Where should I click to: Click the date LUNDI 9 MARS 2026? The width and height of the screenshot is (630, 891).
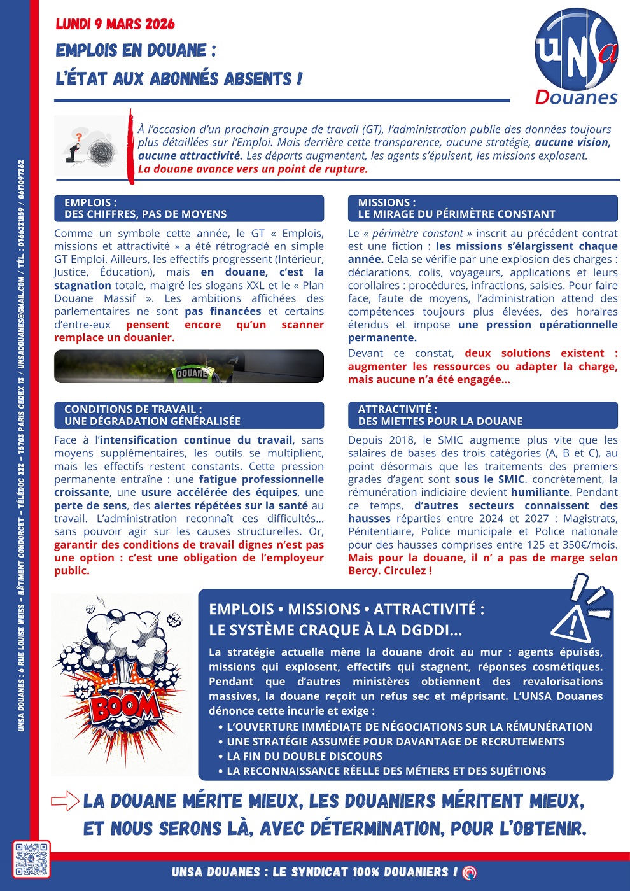[115, 24]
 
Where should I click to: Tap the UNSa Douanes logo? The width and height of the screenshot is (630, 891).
[576, 57]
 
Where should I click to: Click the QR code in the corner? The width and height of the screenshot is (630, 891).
[32, 859]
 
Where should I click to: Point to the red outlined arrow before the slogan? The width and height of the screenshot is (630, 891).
[65, 801]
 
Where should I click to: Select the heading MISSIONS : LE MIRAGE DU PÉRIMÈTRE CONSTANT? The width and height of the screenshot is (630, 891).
[482, 208]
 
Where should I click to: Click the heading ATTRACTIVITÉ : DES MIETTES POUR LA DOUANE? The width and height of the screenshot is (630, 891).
[482, 415]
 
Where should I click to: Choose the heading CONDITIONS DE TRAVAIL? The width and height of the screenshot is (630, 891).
[189, 415]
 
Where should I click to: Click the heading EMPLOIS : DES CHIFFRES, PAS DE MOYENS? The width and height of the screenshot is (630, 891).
[189, 208]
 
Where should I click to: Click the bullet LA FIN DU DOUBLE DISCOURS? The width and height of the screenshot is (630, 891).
[304, 756]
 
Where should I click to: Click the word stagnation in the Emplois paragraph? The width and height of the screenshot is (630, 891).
[83, 286]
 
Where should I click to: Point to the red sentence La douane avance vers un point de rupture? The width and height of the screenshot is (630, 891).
[253, 169]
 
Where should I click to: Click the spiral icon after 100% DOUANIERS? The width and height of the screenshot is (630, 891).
[470, 872]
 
